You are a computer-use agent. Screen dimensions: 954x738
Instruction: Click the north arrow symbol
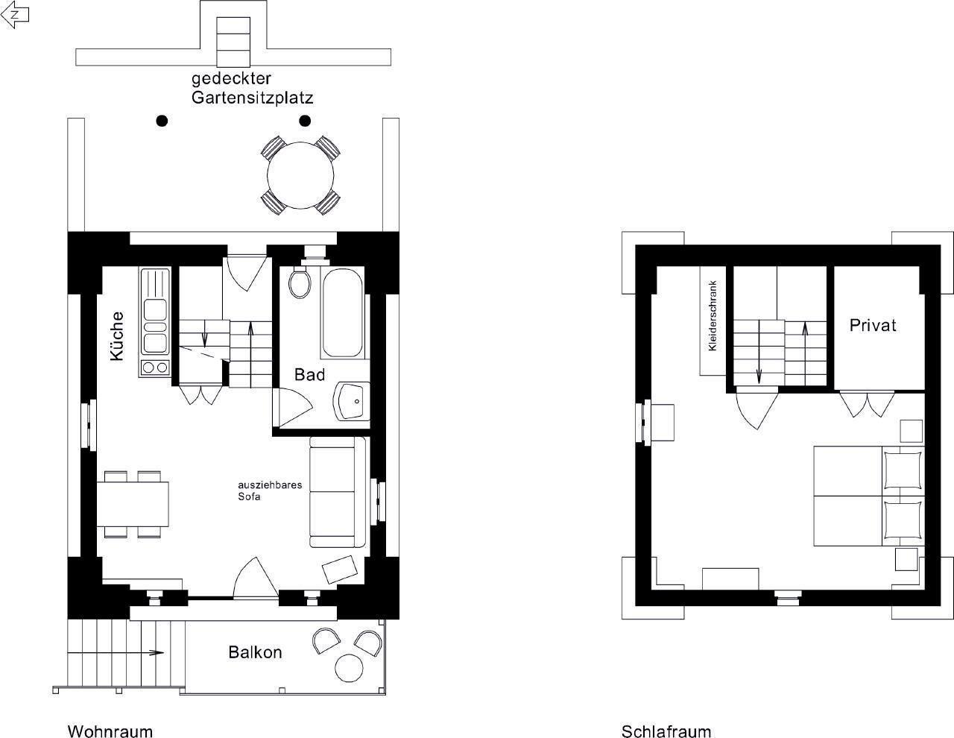pos(15,14)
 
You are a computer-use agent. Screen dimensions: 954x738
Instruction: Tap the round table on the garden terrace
pos(300,175)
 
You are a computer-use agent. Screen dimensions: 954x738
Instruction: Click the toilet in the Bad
pos(300,282)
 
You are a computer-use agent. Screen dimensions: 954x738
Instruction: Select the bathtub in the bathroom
pos(343,312)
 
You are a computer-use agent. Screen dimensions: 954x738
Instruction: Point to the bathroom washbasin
pos(351,401)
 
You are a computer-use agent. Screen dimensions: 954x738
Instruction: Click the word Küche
pos(117,336)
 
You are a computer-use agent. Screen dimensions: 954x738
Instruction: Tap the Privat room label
pos(872,325)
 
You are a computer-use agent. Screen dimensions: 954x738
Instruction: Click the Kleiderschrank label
pos(712,315)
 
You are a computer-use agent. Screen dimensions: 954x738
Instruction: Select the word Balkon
pos(255,652)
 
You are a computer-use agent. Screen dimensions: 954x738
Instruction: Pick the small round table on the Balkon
pos(349,668)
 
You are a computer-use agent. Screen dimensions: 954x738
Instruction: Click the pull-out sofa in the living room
pos(338,492)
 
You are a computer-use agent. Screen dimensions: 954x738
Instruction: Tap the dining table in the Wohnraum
pos(133,504)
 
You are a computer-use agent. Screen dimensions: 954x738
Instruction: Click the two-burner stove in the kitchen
pos(155,368)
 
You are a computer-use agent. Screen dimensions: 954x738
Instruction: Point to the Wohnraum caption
pos(110,731)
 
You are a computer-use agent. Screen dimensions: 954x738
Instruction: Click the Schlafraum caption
pos(666,731)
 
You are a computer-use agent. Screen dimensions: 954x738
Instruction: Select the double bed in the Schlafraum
pos(869,496)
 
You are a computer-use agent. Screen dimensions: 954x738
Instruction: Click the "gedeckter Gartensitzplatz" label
pos(253,88)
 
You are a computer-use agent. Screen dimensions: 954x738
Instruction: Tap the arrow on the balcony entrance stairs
pos(116,653)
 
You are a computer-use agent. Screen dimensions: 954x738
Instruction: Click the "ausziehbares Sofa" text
pos(270,491)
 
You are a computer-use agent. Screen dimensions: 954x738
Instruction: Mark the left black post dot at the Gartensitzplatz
pos(162,121)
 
